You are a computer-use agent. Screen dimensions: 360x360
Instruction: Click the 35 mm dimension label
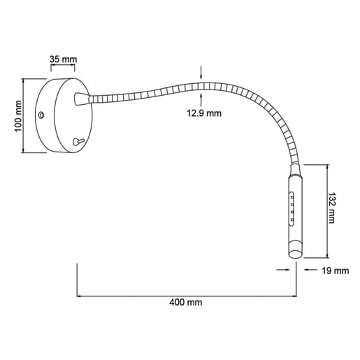[x=63, y=59]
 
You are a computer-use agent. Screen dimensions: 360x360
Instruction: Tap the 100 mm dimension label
[x=18, y=116]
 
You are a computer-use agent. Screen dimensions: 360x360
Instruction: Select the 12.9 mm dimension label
[x=204, y=113]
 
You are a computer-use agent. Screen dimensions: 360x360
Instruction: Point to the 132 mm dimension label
[x=331, y=208]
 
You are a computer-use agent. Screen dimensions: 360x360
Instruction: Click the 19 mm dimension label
[x=336, y=271]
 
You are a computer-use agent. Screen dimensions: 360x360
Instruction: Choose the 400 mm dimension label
[x=186, y=303]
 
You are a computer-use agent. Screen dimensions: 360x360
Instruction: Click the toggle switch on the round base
[x=78, y=141]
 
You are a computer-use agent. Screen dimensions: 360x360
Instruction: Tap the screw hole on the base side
[x=41, y=115]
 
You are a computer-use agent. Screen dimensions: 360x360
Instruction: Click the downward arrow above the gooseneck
[x=201, y=73]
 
